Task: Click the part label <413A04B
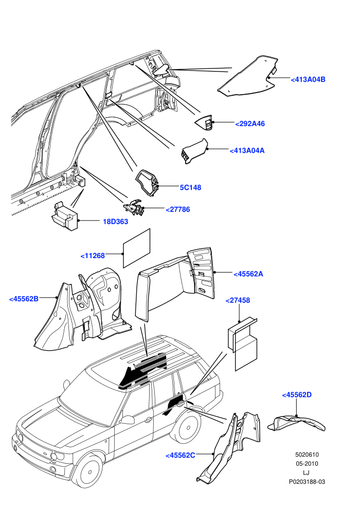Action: pos(308,80)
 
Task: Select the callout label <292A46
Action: pos(250,124)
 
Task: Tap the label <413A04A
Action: pos(247,151)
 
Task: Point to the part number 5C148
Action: pos(191,188)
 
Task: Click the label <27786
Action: pos(178,209)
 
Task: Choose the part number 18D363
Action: pos(116,222)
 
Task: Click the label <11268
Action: pos(93,256)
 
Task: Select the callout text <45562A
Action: pos(248,274)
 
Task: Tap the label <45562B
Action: pos(24,299)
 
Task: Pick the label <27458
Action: pos(238,300)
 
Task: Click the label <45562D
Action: pos(297,395)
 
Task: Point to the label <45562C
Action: pos(181,456)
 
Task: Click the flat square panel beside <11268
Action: pos(137,248)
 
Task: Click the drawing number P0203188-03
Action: pos(307,482)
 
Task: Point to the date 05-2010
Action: pos(307,464)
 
